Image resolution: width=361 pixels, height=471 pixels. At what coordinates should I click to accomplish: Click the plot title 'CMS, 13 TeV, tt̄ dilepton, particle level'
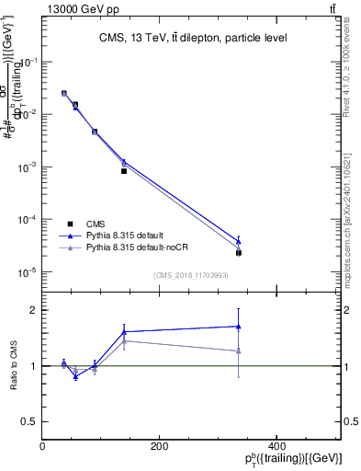pos(193,39)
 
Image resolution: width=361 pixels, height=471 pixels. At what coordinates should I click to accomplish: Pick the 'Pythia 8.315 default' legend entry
pos(124,236)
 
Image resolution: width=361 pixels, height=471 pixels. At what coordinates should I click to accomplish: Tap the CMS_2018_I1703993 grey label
pos(192,275)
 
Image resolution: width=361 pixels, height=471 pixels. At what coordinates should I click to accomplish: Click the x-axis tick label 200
pos(159,446)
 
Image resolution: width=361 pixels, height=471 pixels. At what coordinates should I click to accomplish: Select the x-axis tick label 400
pos(276,446)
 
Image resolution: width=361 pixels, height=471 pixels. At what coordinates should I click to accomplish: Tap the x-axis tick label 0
pos(43,446)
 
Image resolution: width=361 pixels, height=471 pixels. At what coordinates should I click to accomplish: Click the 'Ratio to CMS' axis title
pos(13,366)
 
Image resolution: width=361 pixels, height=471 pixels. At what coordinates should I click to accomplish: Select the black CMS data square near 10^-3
pos(124,171)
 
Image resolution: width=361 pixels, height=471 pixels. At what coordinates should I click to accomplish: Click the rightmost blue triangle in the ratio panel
pos(239,326)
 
